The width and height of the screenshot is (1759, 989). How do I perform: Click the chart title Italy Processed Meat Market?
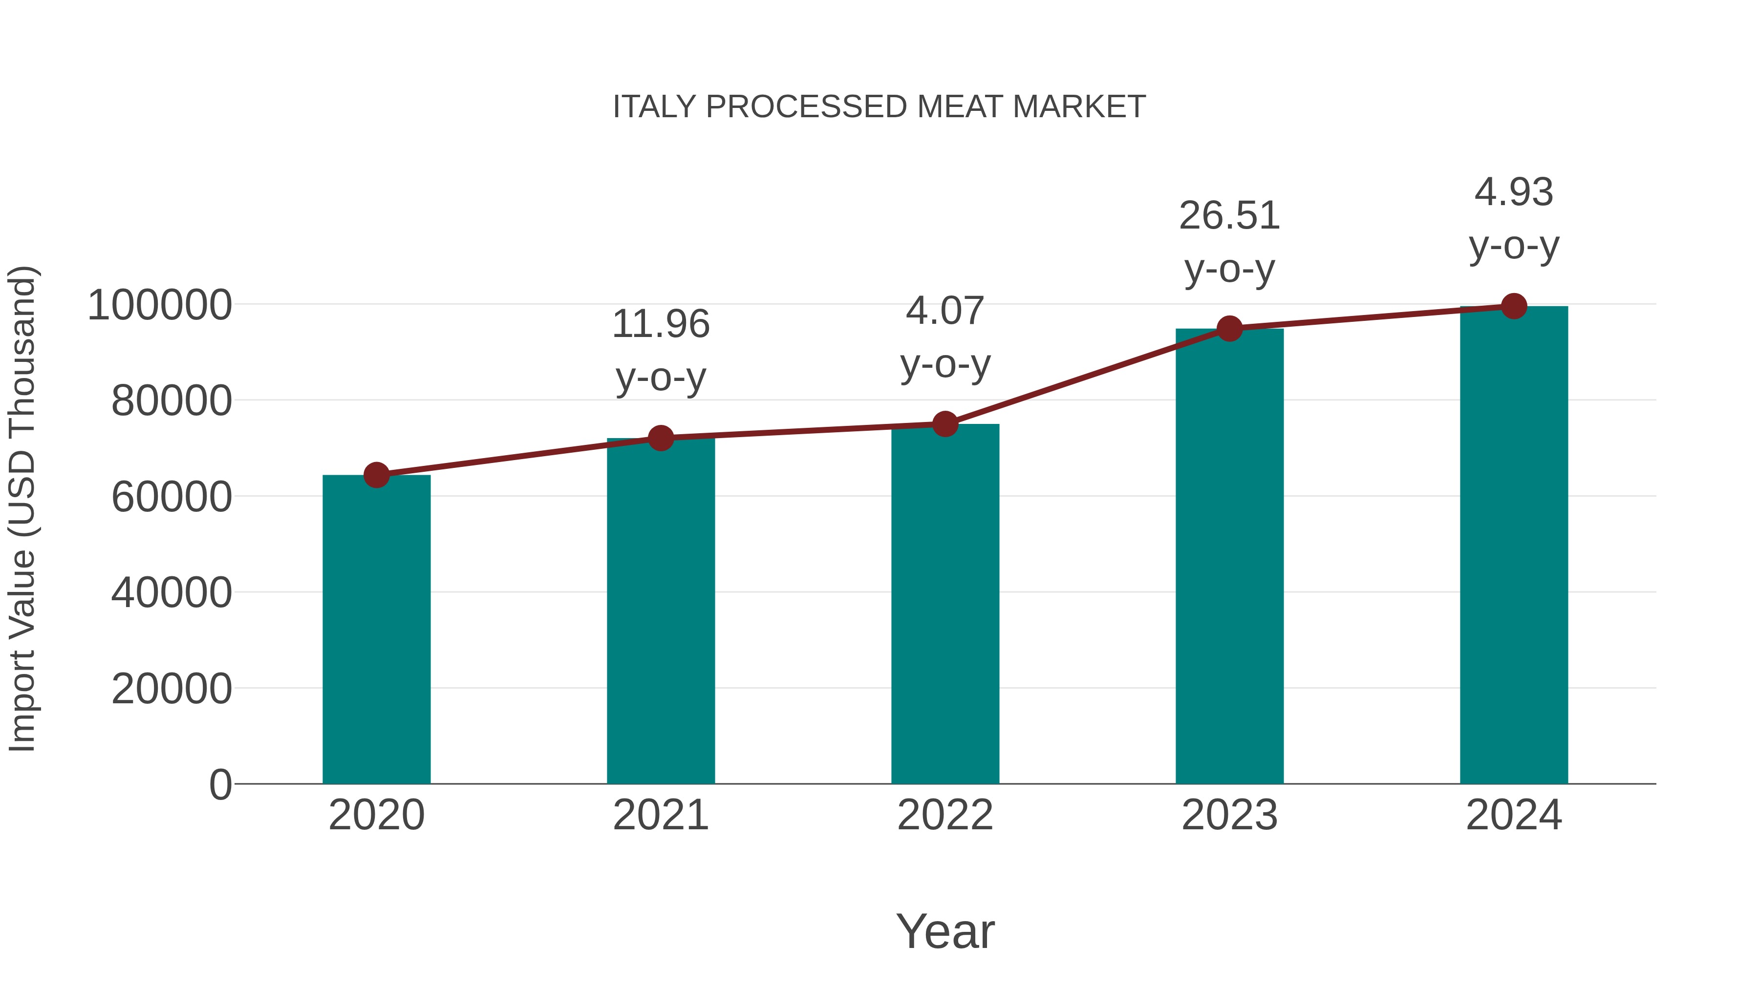pyautogui.click(x=879, y=107)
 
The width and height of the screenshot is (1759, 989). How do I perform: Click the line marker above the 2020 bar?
pyautogui.click(x=376, y=475)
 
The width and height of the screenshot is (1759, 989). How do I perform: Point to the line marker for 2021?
pyautogui.click(x=661, y=438)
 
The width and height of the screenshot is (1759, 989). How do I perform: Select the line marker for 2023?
pyautogui.click(x=1229, y=329)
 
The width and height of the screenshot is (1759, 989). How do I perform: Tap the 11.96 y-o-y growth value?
pyautogui.click(x=661, y=324)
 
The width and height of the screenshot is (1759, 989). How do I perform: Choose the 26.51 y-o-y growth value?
pyautogui.click(x=1229, y=216)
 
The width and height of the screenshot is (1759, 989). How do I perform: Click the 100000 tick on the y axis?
pyautogui.click(x=160, y=305)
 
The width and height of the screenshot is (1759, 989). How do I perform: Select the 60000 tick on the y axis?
pyautogui.click(x=172, y=497)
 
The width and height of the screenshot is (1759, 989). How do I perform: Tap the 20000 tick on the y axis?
pyautogui.click(x=172, y=689)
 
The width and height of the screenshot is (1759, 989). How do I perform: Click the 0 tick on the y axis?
pyautogui.click(x=220, y=784)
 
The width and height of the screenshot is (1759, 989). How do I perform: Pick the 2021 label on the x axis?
pyautogui.click(x=661, y=815)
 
